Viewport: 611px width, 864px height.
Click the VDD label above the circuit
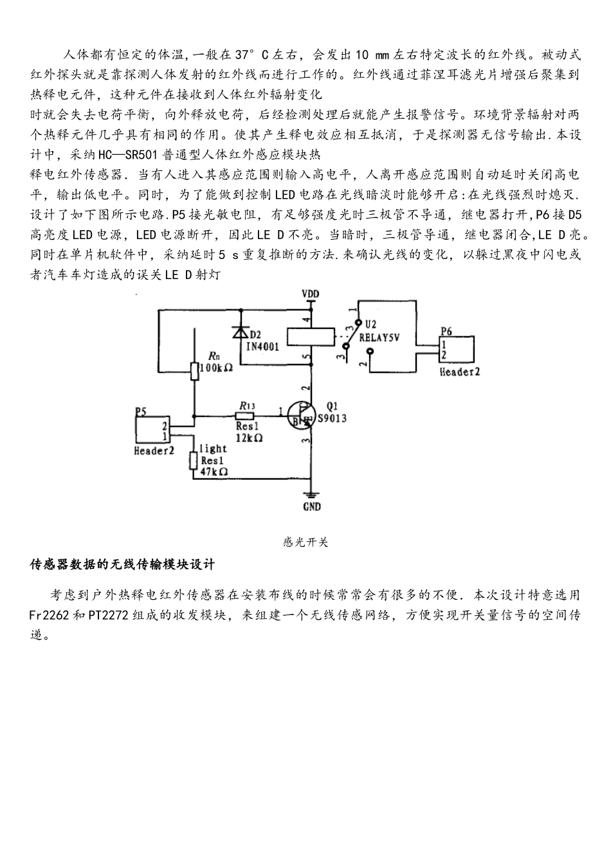coord(311,294)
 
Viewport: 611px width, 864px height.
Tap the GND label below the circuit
coord(311,507)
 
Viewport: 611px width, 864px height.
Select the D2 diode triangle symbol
coord(241,332)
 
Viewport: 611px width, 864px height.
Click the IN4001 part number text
coord(263,346)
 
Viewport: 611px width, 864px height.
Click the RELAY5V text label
coord(379,336)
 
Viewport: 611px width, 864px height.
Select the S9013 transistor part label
coord(333,419)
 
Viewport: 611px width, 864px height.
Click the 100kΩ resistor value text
coord(216,368)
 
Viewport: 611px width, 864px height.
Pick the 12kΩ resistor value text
coord(249,437)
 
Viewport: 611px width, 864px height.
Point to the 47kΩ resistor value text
coord(214,471)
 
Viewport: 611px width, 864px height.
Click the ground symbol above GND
coord(311,494)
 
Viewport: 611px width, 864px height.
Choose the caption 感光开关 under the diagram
coord(305,543)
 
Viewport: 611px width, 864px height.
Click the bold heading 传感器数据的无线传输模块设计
coord(123,565)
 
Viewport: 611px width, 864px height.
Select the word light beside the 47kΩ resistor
coord(213,449)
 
